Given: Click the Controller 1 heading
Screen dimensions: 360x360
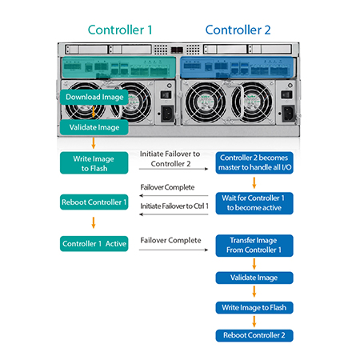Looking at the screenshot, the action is point(120,30).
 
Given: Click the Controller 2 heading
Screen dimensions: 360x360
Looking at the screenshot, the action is point(238,30).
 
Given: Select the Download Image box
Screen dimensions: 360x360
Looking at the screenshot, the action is point(94,97).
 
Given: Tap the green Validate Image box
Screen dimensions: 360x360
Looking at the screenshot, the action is point(94,127).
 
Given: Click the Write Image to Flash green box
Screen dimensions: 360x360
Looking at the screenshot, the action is point(94,163).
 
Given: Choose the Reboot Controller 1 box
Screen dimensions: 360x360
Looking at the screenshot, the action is point(94,202).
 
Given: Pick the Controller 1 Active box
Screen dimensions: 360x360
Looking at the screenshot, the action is point(94,244).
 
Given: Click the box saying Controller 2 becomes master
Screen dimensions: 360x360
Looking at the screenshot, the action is point(254,162).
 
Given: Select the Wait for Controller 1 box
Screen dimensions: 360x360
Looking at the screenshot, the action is point(254,203).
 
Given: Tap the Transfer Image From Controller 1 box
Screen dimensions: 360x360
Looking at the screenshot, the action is point(254,246).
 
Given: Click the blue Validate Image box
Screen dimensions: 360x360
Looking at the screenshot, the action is point(254,278).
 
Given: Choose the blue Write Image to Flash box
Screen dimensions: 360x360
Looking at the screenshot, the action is point(254,308).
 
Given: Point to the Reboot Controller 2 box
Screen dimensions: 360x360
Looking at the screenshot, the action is point(254,335).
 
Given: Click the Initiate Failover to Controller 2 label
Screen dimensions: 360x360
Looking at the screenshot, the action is point(170,158).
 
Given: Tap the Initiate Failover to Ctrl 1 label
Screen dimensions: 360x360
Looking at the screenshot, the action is point(174,206).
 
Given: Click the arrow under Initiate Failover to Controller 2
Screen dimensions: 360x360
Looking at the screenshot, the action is point(174,169).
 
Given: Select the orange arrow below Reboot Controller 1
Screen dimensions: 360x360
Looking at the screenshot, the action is point(94,222).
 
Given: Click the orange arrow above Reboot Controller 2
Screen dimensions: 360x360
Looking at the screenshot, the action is point(254,322).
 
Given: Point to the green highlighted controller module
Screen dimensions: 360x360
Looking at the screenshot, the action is point(118,67).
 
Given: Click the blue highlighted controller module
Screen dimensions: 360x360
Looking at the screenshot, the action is point(237,67).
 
